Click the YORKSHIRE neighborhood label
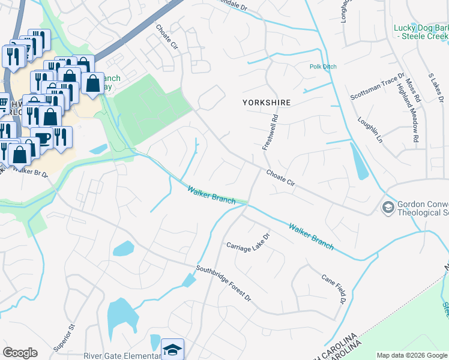pos(267,103)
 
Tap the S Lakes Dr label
pos(436,88)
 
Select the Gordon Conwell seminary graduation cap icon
pos(388,207)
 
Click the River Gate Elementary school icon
pos(172,349)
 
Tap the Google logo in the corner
pos(20,353)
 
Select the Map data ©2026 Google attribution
pos(411,355)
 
